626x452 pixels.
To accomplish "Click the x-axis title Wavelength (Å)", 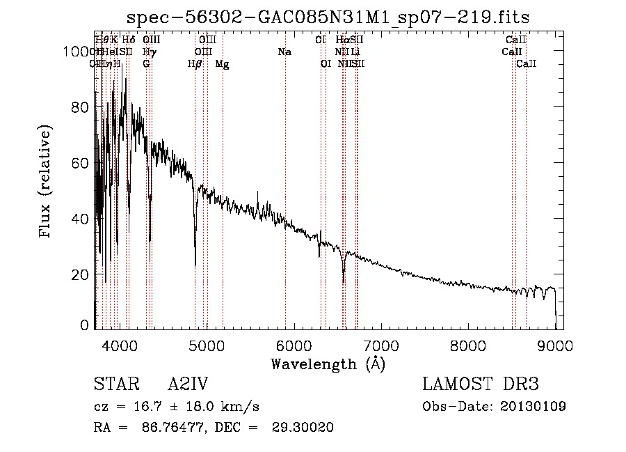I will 328,364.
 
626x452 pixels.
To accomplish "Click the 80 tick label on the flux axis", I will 81,107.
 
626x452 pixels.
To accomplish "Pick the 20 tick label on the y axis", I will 81,274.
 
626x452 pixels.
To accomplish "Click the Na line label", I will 284,52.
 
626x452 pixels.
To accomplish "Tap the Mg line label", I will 223,64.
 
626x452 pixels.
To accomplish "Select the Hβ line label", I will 195,64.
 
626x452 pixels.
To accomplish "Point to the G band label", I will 146,64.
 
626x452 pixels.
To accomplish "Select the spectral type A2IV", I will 188,385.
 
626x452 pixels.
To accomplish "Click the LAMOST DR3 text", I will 481,385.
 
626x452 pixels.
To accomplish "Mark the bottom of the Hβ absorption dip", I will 195,265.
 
